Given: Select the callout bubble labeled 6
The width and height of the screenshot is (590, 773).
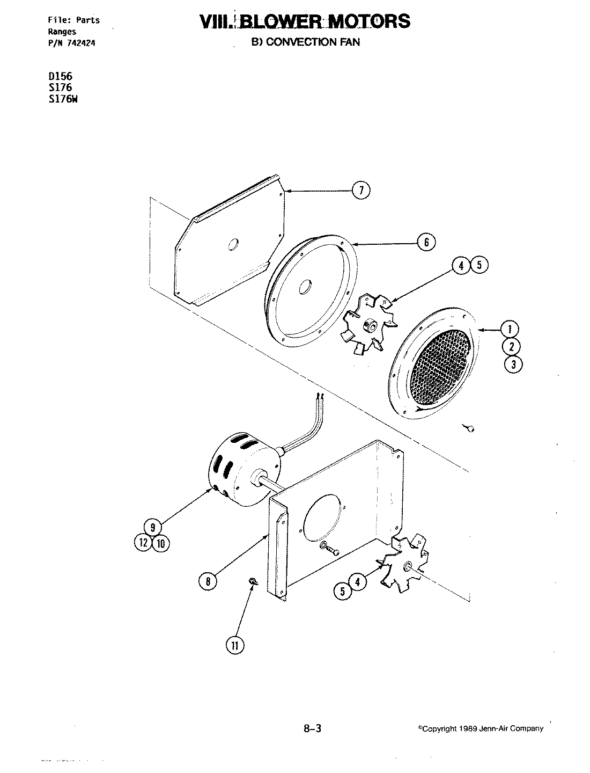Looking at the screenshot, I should point(426,243).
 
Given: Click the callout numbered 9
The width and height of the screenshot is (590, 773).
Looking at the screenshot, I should point(153,527).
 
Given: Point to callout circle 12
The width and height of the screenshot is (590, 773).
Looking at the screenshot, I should point(144,543).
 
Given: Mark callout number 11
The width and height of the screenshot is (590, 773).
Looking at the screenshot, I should point(234,646).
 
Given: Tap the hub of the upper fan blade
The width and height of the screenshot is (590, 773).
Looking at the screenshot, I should point(369,324).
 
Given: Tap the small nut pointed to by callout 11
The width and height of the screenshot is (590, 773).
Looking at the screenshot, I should point(253,582).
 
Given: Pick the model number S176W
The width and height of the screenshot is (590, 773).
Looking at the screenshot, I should point(63,98).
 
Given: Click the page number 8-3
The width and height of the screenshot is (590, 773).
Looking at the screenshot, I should point(312,728).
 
